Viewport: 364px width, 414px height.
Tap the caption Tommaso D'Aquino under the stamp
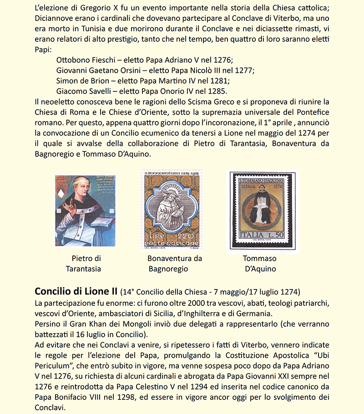[260, 264]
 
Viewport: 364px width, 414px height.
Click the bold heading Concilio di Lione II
[76, 291]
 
